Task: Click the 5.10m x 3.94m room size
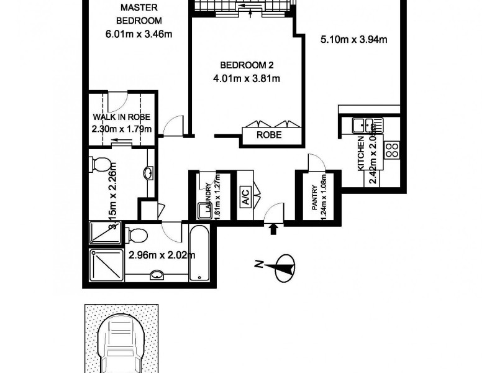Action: pyautogui.click(x=353, y=40)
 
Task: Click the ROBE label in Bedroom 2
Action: pyautogui.click(x=271, y=135)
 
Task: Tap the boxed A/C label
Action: pyautogui.click(x=245, y=199)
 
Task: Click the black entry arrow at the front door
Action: pyautogui.click(x=273, y=229)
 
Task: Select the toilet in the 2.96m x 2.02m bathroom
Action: pyautogui.click(x=137, y=235)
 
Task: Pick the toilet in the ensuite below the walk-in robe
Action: pyautogui.click(x=100, y=165)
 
